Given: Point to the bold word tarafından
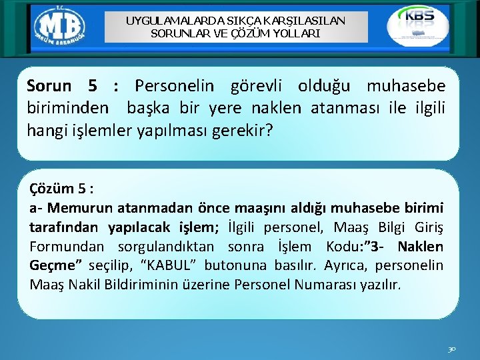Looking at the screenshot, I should click(62, 227).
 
